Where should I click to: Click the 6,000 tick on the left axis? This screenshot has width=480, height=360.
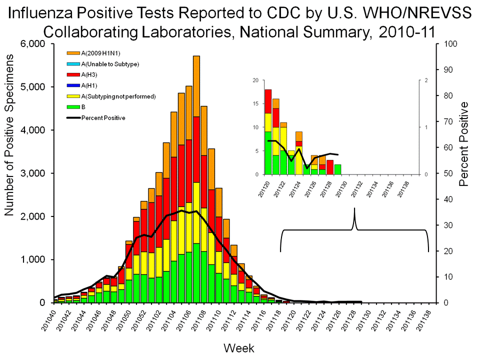coord(33,44)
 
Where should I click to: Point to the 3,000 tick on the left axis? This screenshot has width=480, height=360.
coord(33,173)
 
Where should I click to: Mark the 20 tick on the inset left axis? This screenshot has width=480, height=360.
coord(255,80)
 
